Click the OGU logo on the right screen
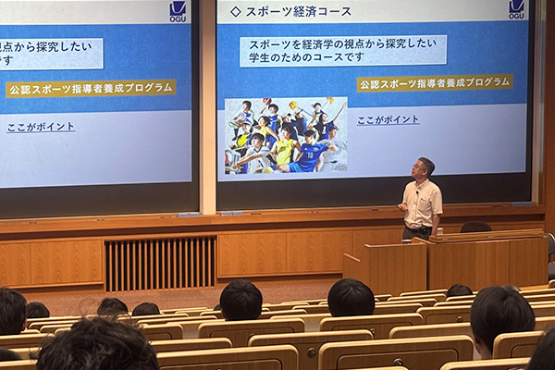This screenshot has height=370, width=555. [516, 9]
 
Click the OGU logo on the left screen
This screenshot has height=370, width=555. [178, 12]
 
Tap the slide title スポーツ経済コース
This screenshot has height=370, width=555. [299, 12]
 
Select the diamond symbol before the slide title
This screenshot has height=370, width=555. [235, 12]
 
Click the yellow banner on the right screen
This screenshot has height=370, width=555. [435, 83]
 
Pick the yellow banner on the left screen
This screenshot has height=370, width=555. [91, 89]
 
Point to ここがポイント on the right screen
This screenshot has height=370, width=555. [388, 120]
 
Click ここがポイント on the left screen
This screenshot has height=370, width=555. [41, 127]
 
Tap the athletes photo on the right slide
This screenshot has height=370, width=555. [286, 136]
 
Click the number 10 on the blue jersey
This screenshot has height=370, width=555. [310, 154]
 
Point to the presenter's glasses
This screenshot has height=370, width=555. [418, 166]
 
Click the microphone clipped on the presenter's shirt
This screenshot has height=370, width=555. [418, 193]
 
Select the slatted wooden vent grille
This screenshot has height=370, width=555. [160, 264]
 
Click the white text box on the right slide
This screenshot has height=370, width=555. [343, 51]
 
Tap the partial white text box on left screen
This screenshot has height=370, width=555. [50, 54]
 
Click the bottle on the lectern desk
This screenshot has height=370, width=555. [439, 231]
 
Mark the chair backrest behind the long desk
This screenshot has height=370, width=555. [475, 227]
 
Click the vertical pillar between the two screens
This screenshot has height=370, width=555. [208, 106]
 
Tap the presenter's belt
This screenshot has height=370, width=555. [419, 228]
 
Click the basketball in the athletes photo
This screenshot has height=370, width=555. [267, 101]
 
